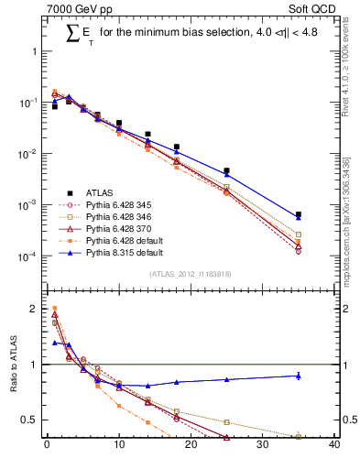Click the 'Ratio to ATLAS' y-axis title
(12, 377)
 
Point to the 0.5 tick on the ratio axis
(30, 420)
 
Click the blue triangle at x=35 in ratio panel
(299, 376)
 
